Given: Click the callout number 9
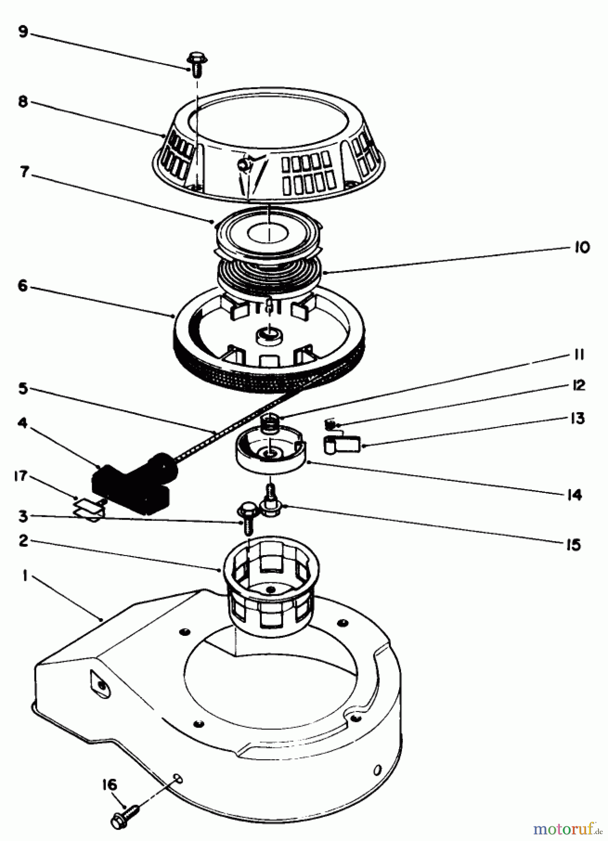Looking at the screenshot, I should [x=23, y=32].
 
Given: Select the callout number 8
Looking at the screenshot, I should [x=23, y=102].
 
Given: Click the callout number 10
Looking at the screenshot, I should [x=581, y=247].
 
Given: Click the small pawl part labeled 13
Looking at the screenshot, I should [x=342, y=444].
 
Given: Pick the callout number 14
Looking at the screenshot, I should [x=574, y=494].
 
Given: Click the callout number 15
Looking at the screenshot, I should [x=573, y=544].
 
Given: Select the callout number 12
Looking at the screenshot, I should [x=578, y=385].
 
